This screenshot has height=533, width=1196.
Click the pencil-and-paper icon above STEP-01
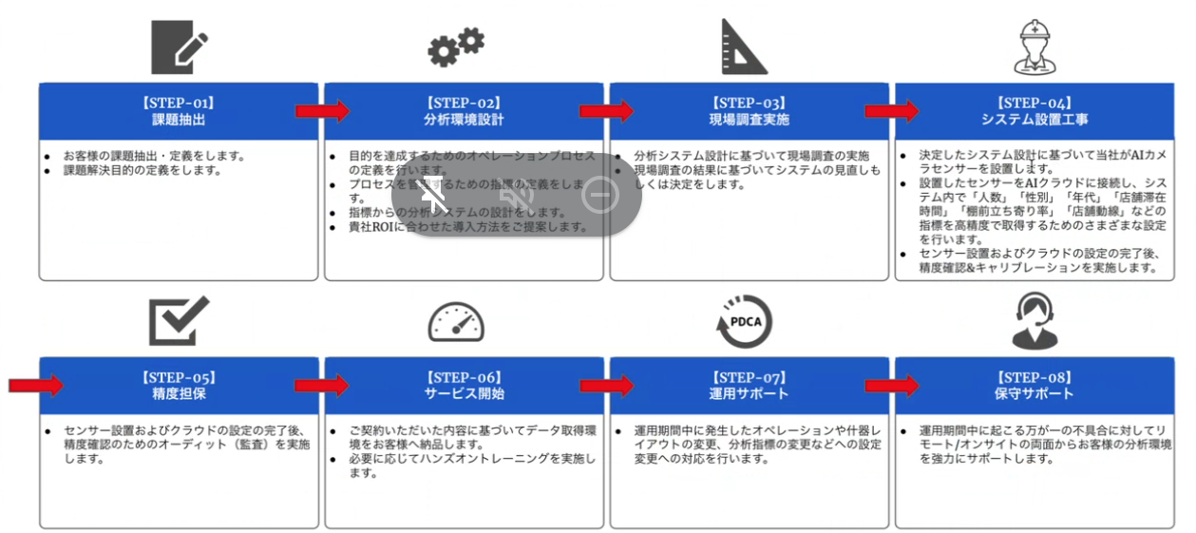pyautogui.click(x=179, y=47)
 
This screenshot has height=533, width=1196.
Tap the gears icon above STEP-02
pyautogui.click(x=456, y=46)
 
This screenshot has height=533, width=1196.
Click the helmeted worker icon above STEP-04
pyautogui.click(x=1035, y=47)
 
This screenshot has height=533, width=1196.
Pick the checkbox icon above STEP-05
pyautogui.click(x=179, y=320)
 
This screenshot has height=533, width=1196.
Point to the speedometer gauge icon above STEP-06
pyautogui.click(x=456, y=322)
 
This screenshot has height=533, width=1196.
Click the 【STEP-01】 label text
pyautogui.click(x=179, y=103)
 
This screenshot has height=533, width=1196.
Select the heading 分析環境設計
pyautogui.click(x=464, y=120)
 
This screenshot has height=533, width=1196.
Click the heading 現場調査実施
pyautogui.click(x=749, y=120)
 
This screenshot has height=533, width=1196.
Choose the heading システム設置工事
pyautogui.click(x=1035, y=120)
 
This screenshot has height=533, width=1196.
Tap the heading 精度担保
pyautogui.click(x=179, y=393)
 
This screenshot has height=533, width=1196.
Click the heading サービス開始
pyautogui.click(x=464, y=393)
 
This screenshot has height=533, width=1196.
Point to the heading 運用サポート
pyautogui.click(x=749, y=393)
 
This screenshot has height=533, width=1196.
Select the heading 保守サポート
pyautogui.click(x=1035, y=393)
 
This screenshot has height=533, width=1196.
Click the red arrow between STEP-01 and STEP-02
pyautogui.click(x=322, y=111)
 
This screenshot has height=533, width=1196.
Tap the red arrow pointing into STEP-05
pyautogui.click(x=36, y=385)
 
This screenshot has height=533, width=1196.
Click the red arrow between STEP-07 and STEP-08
pyautogui.click(x=892, y=385)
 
